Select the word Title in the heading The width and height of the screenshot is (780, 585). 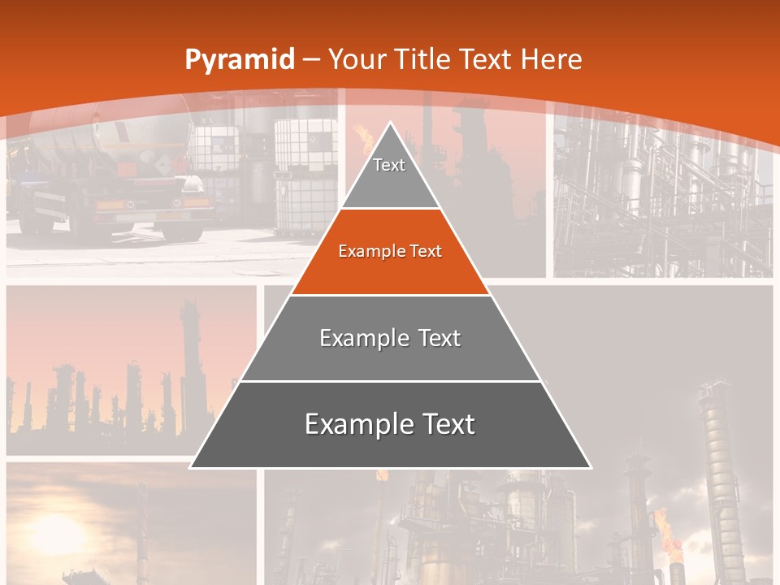click(422, 59)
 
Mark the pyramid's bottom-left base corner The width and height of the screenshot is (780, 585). click(192, 467)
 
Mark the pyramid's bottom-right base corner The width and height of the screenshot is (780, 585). click(590, 467)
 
